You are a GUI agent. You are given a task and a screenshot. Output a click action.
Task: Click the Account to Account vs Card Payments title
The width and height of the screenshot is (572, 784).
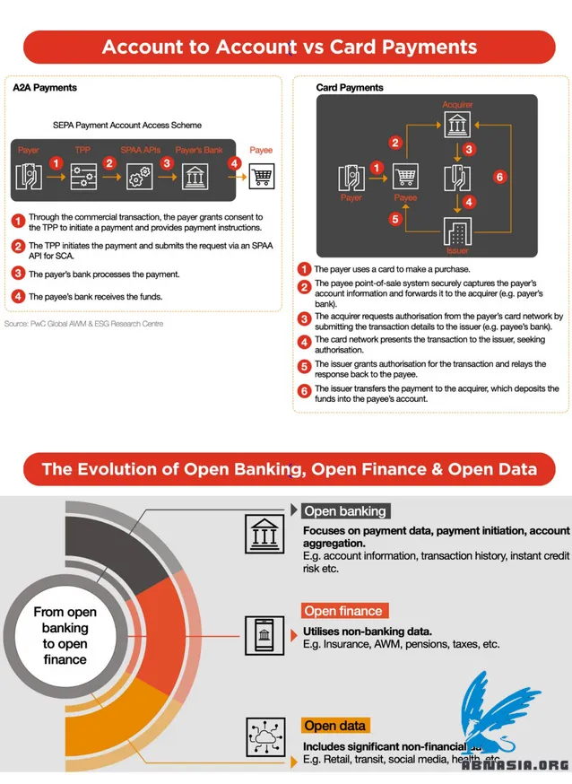click(x=289, y=47)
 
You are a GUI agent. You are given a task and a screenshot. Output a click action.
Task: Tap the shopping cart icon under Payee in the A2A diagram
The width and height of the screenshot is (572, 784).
click(x=261, y=176)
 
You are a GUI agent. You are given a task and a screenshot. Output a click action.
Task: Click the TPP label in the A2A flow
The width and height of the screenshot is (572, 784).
click(x=82, y=150)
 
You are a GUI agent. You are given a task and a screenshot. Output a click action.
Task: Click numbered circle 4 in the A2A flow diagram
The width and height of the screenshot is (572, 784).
click(x=234, y=164)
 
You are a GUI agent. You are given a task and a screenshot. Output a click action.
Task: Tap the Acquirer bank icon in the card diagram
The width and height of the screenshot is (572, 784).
click(x=457, y=122)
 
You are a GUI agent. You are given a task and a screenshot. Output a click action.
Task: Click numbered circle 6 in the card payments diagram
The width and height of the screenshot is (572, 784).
click(x=499, y=176)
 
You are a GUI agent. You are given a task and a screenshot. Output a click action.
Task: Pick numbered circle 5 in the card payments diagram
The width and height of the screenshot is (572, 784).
click(x=394, y=218)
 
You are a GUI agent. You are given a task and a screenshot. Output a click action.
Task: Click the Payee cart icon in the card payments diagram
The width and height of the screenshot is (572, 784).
click(x=405, y=177)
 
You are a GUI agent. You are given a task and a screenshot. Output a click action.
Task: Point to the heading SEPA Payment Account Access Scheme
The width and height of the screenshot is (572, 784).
click(x=127, y=126)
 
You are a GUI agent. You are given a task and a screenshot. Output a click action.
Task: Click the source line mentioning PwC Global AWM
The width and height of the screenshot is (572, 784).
click(x=83, y=323)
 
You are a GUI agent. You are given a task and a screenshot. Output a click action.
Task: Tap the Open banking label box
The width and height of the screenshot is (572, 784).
click(x=345, y=511)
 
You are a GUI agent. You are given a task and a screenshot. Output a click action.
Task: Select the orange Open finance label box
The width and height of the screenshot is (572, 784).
click(x=343, y=611)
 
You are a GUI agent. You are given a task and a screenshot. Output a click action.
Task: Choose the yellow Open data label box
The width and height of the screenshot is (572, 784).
click(x=335, y=725)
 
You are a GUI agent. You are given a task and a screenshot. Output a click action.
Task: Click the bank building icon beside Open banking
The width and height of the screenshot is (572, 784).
click(x=265, y=534)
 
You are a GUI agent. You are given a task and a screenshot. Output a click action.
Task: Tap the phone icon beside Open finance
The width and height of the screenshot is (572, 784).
click(x=265, y=638)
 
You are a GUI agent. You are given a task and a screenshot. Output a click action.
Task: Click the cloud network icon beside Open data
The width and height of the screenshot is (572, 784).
click(x=265, y=737)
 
